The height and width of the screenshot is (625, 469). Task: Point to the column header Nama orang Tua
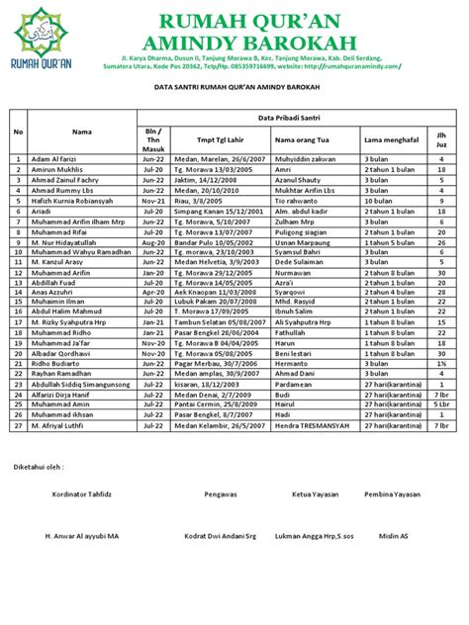(302, 139)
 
